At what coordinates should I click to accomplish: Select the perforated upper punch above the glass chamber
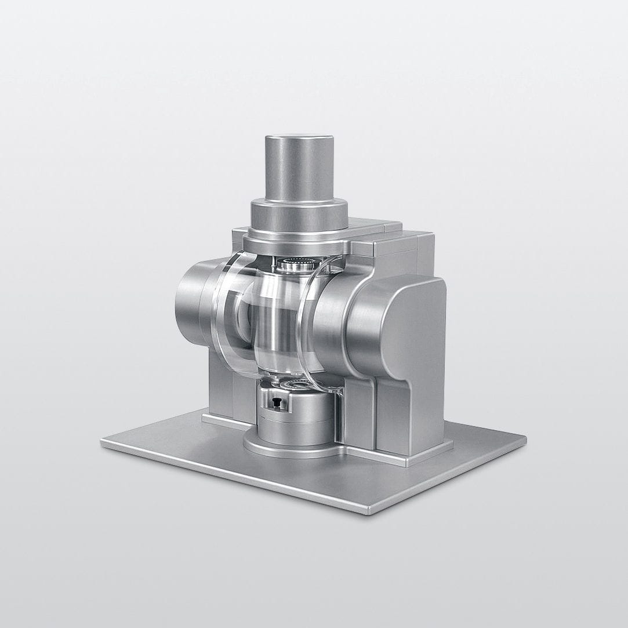click(297, 266)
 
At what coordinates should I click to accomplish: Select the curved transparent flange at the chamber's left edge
click(223, 313)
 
